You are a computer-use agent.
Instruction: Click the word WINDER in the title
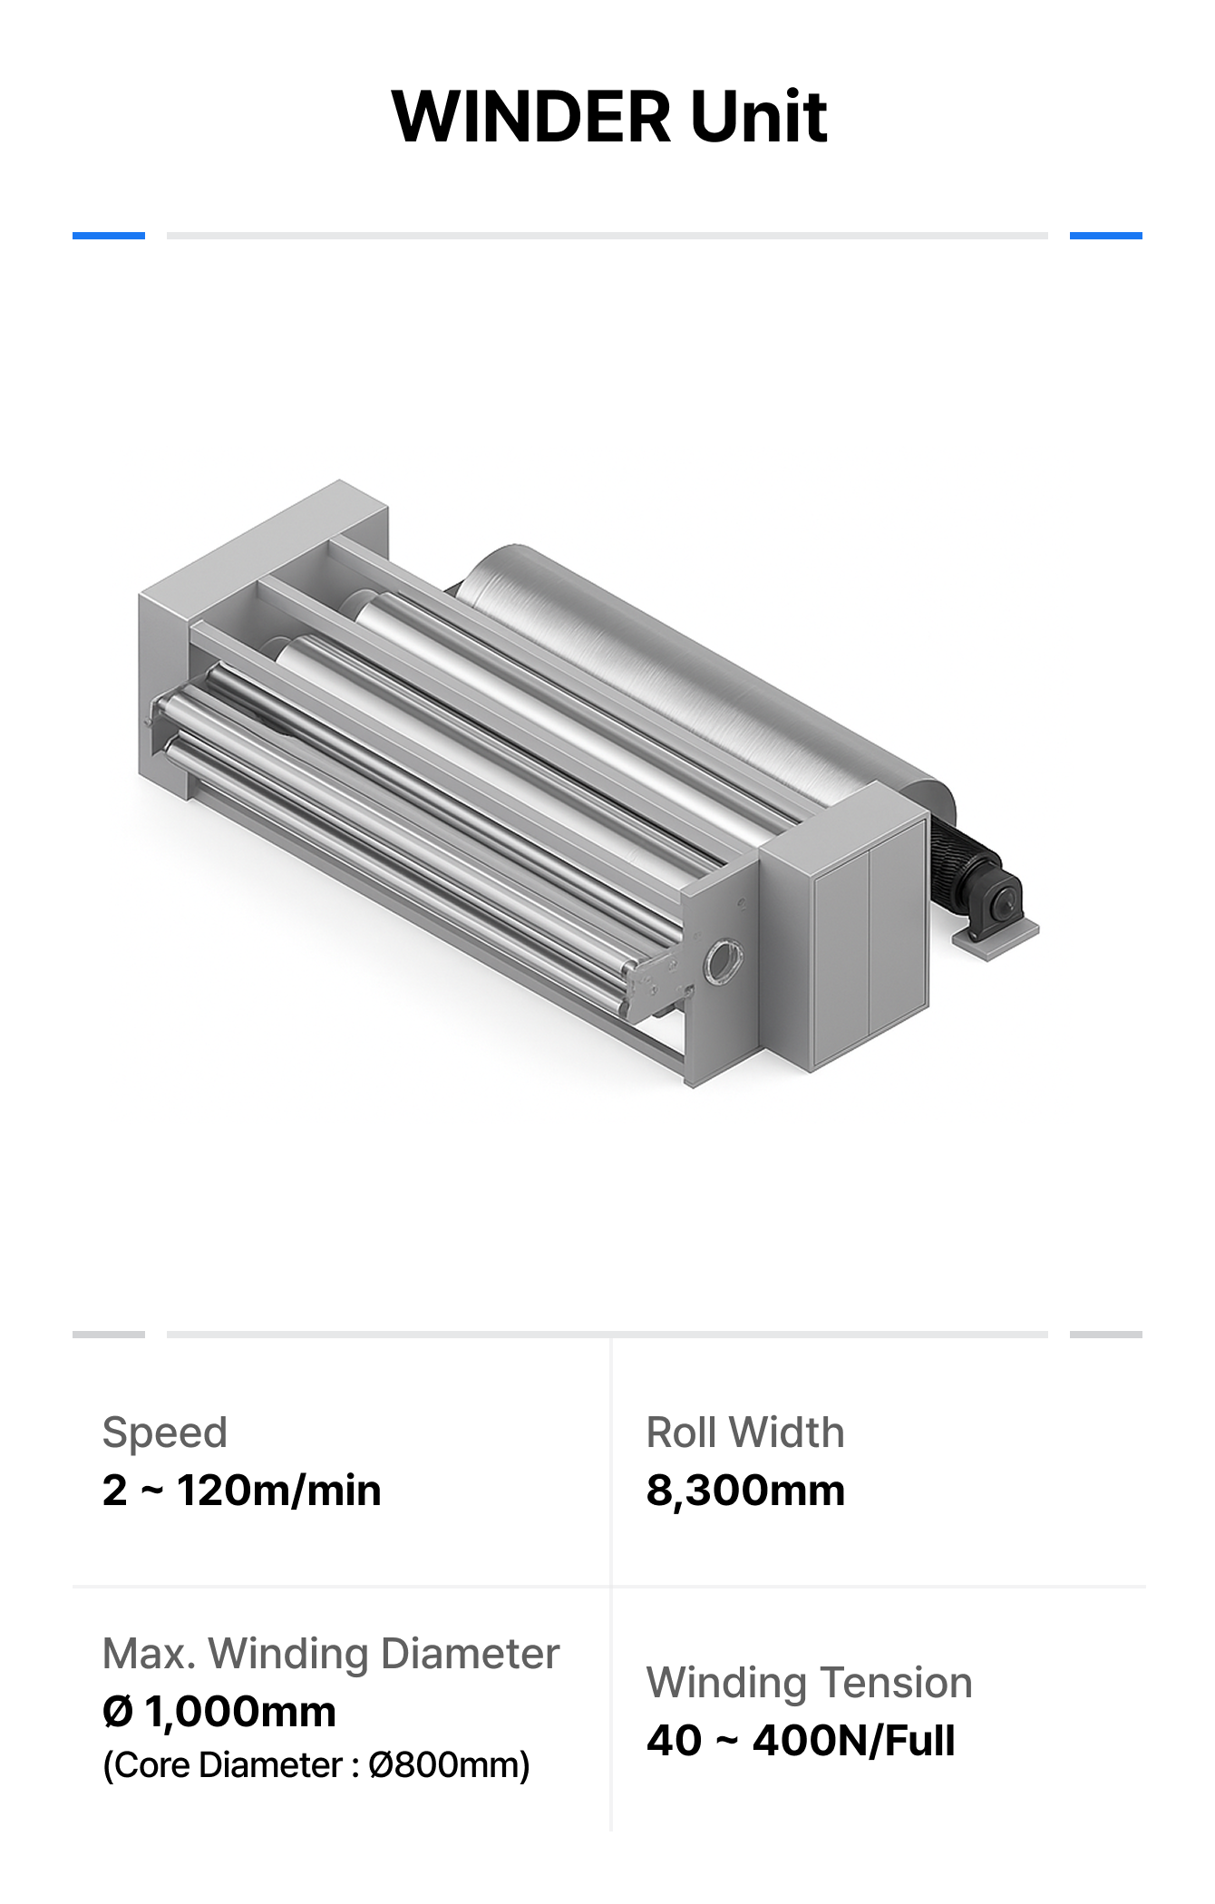[x=532, y=117]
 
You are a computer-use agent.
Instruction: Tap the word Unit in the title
[x=759, y=117]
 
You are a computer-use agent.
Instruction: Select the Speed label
[x=164, y=1433]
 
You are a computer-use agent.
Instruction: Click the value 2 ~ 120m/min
[x=241, y=1491]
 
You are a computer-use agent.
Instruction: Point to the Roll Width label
[x=745, y=1433]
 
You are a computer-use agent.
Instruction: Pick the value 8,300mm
[x=745, y=1491]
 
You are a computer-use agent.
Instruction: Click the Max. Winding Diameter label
[x=331, y=1655]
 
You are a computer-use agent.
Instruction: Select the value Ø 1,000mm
[x=219, y=1713]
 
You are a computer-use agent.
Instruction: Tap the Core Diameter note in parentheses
[x=316, y=1766]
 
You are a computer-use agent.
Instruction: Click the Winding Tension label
[x=809, y=1684]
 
